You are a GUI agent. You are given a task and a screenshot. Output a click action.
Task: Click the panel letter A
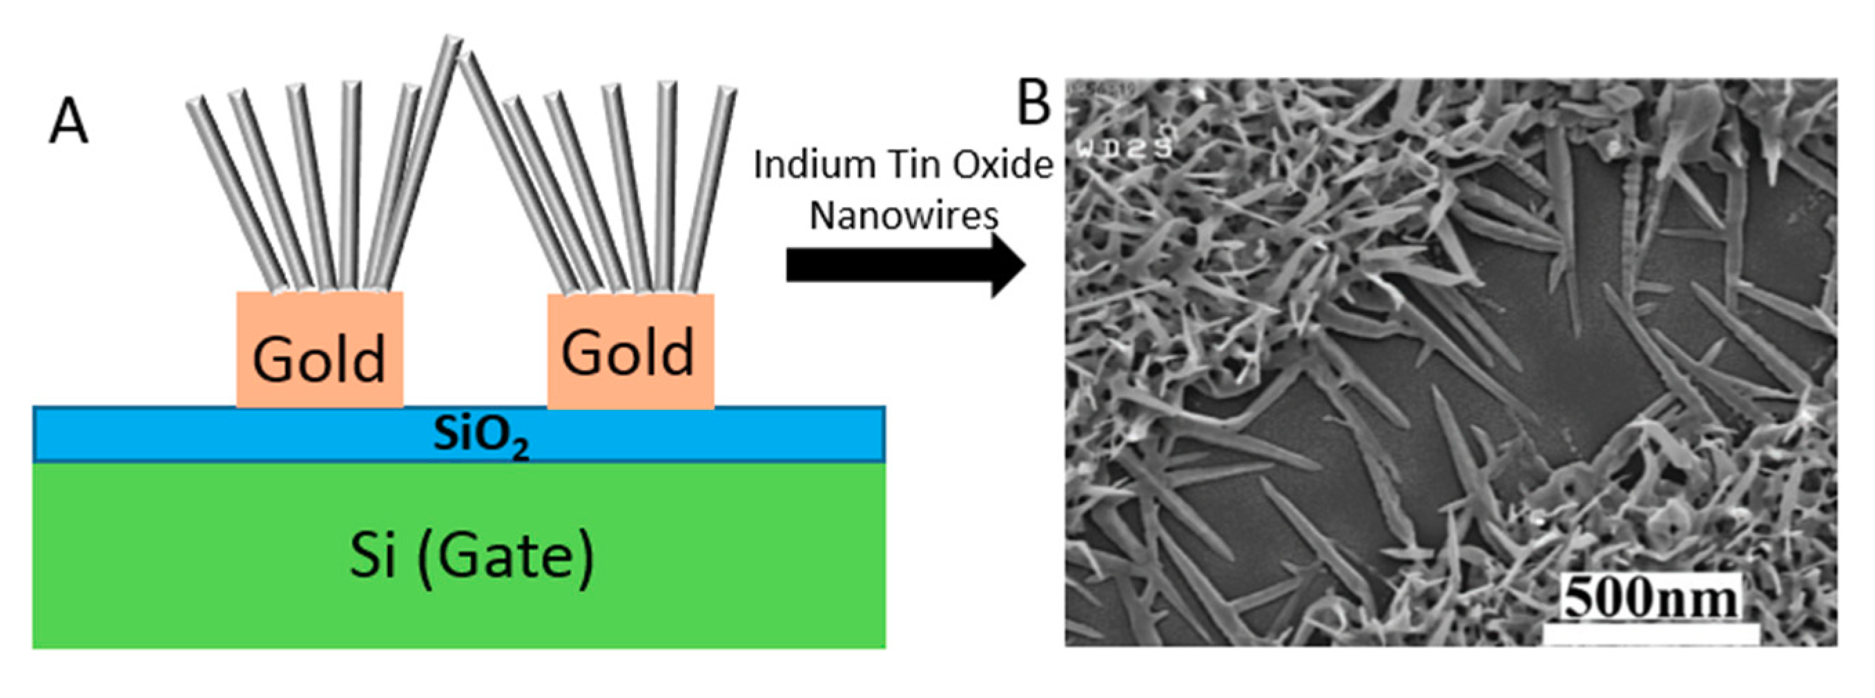[68, 122]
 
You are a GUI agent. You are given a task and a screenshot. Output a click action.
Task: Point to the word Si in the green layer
[373, 555]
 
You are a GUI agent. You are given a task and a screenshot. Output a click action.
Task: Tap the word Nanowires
[904, 216]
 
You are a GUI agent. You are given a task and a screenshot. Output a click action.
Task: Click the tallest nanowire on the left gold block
[418, 160]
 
